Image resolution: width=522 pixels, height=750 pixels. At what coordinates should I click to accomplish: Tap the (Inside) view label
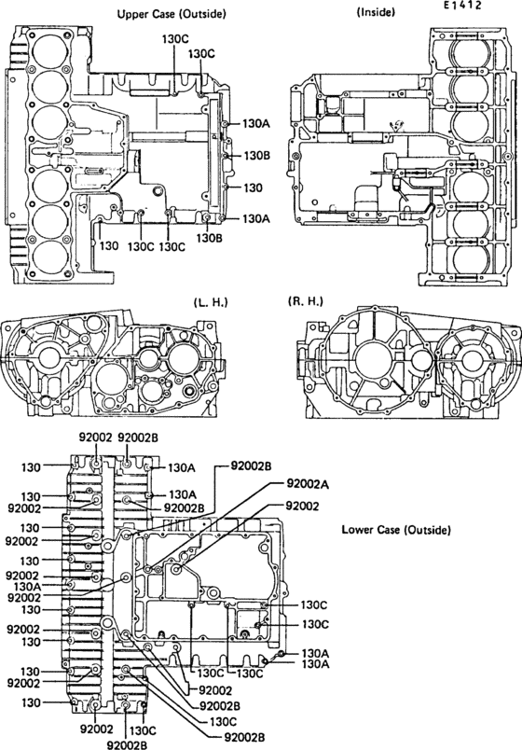pyautogui.click(x=377, y=13)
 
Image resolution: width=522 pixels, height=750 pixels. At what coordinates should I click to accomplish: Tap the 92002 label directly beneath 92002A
pyautogui.click(x=302, y=505)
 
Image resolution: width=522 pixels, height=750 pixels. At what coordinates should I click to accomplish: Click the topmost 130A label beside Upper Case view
pyautogui.click(x=255, y=122)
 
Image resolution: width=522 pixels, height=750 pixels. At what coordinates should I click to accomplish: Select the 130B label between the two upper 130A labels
pyautogui.click(x=255, y=155)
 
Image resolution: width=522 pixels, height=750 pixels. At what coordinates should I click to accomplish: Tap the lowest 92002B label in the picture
pyautogui.click(x=129, y=744)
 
